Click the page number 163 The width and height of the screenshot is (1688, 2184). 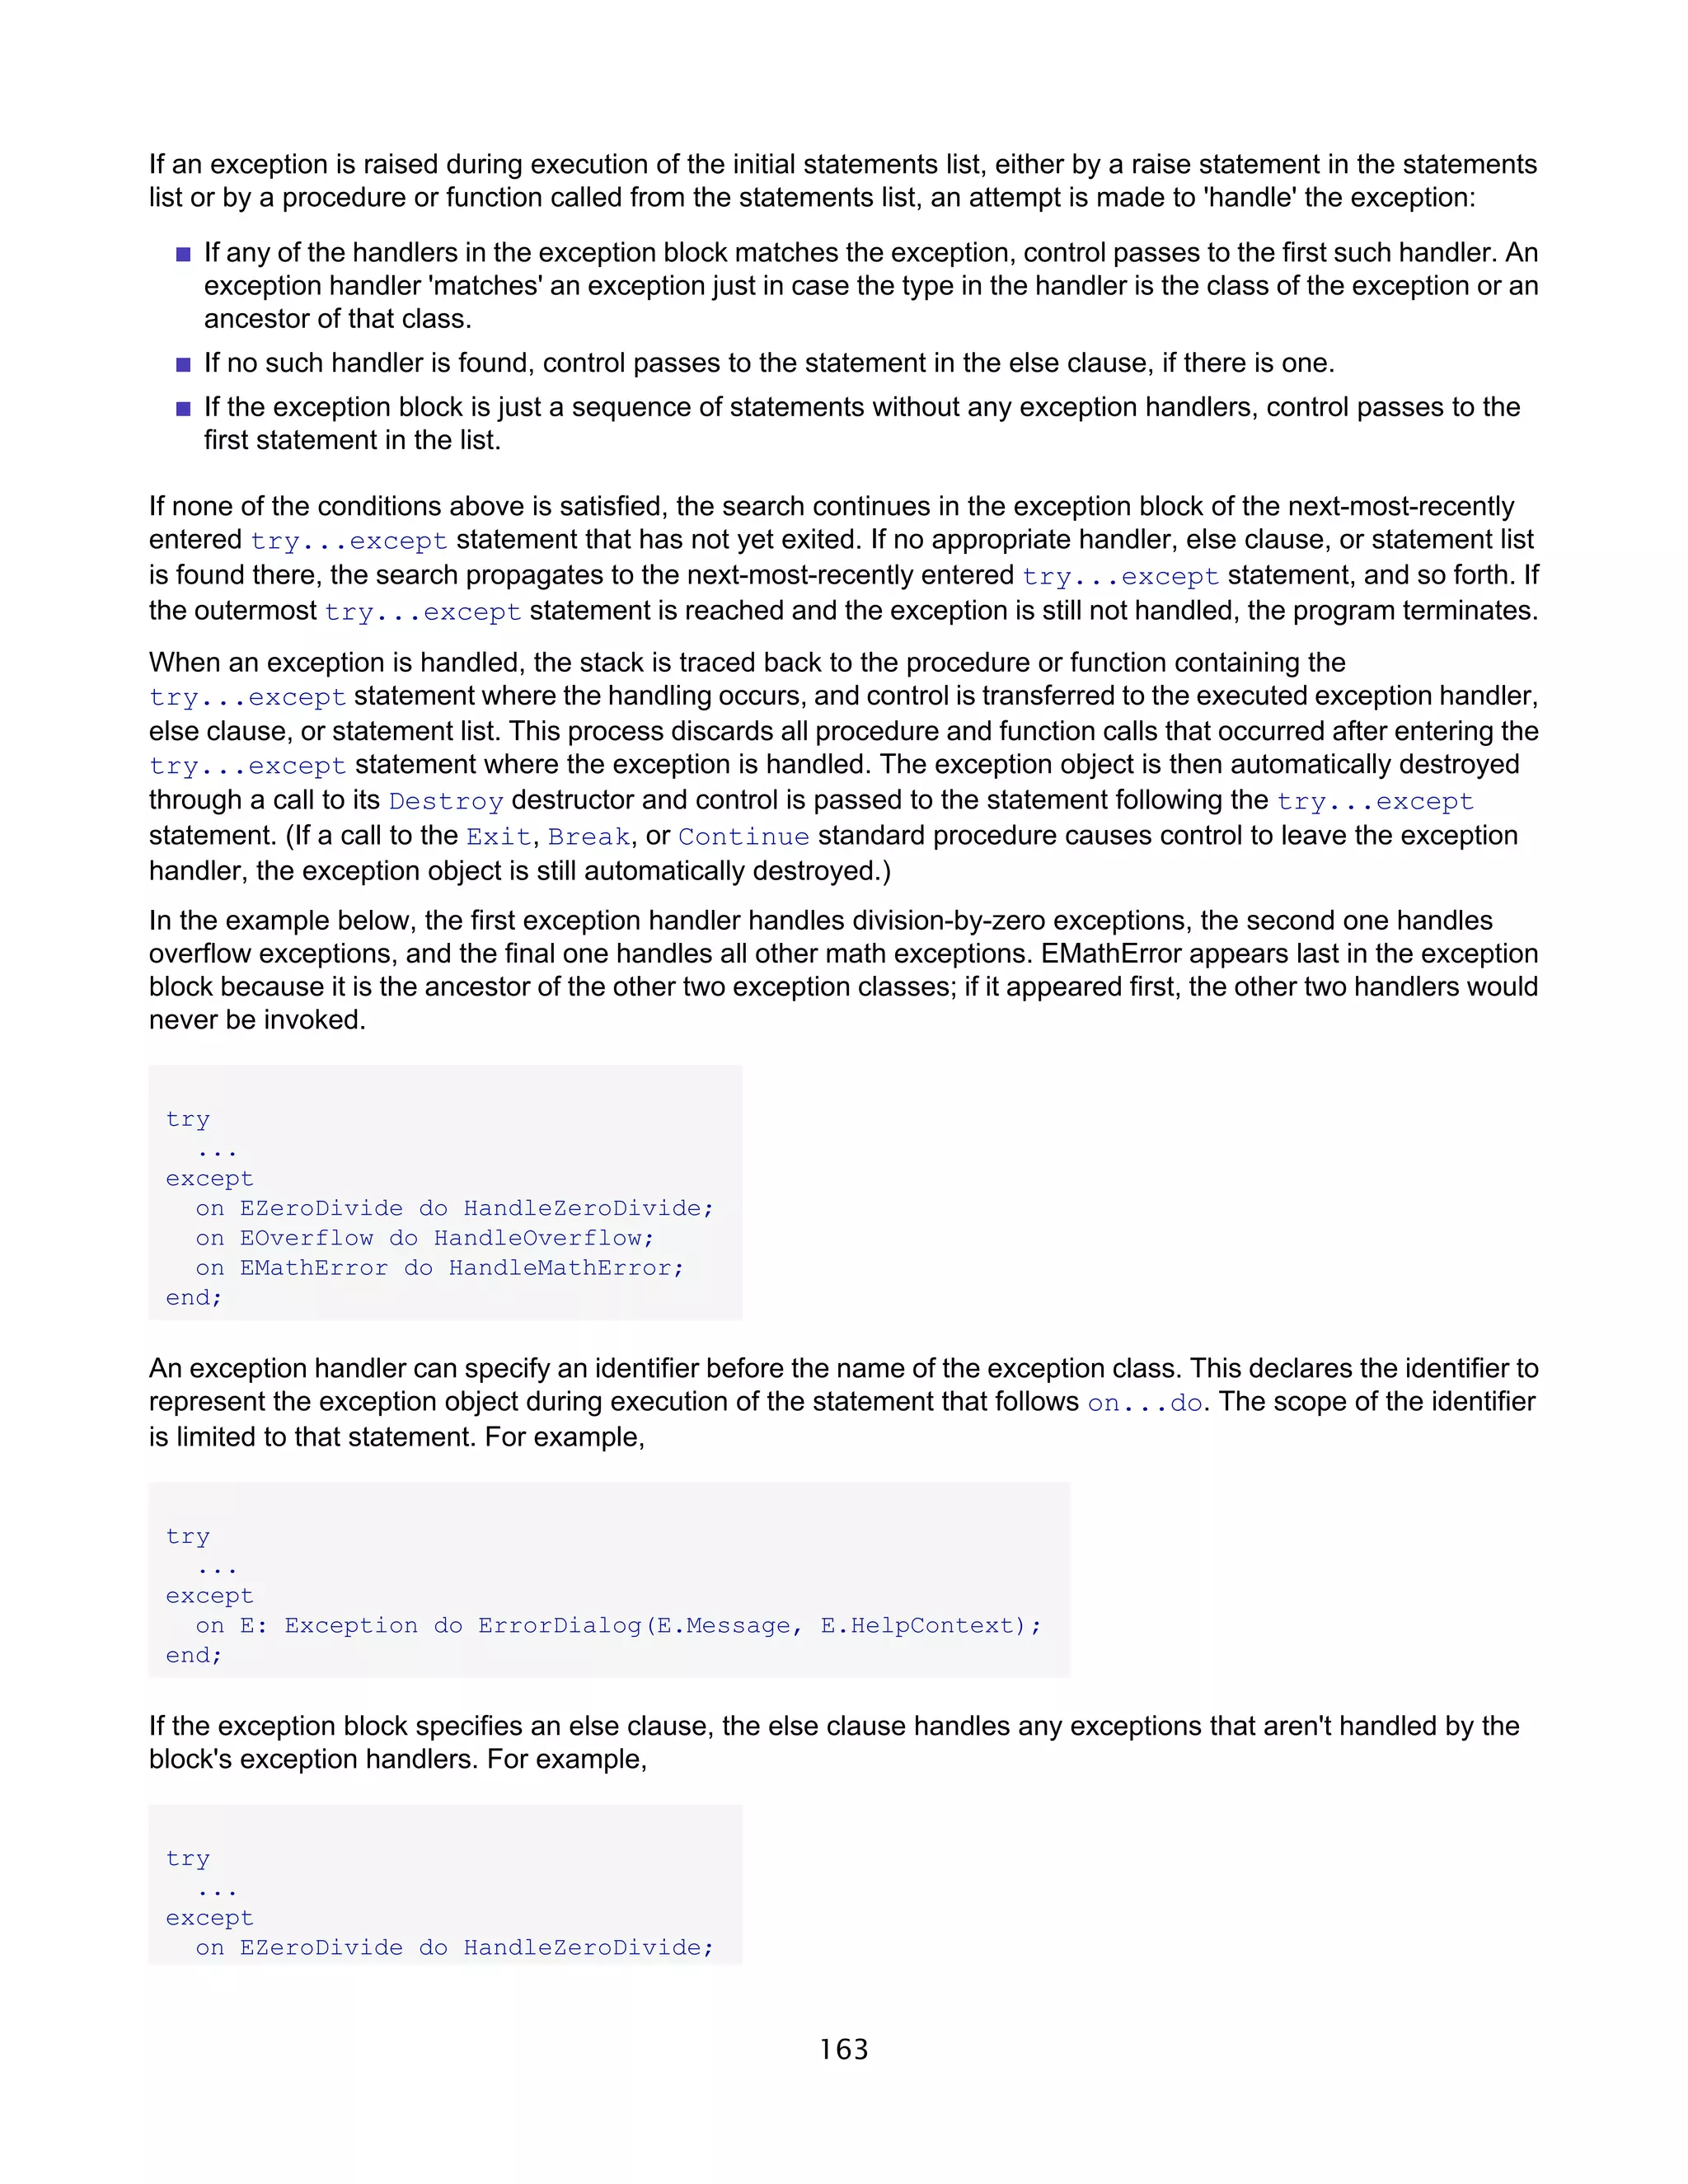pyautogui.click(x=843, y=2049)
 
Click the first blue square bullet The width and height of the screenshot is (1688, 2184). pyautogui.click(x=183, y=254)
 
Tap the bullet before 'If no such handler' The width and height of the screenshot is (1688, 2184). pyautogui.click(x=183, y=364)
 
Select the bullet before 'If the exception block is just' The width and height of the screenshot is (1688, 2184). pyautogui.click(x=183, y=408)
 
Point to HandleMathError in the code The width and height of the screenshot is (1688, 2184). pyautogui.click(x=560, y=1268)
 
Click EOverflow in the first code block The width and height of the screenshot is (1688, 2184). pyautogui.click(x=306, y=1238)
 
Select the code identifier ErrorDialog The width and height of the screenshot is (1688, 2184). pyautogui.click(x=559, y=1625)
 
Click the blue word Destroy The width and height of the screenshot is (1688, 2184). pyautogui.click(x=445, y=801)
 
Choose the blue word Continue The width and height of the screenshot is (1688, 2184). pyautogui.click(x=743, y=836)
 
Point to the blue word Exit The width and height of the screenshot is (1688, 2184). pyautogui.click(x=497, y=836)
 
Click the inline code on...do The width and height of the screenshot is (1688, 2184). pyautogui.click(x=1144, y=1403)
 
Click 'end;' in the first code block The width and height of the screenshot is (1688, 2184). pyautogui.click(x=193, y=1297)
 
